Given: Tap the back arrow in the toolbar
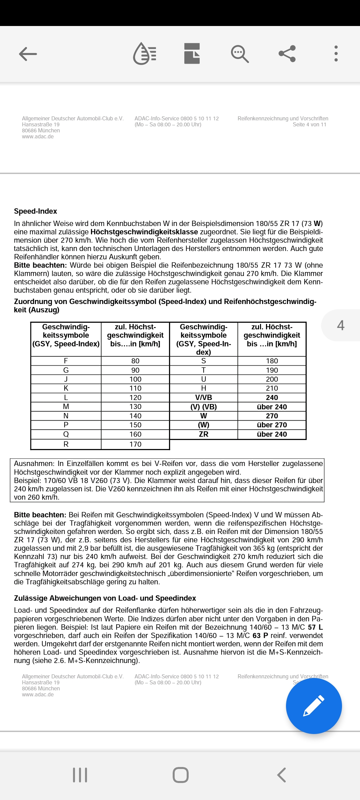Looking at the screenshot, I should pyautogui.click(x=28, y=54).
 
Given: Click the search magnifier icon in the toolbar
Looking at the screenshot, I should pyautogui.click(x=240, y=54).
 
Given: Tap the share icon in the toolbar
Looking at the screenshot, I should pyautogui.click(x=287, y=54).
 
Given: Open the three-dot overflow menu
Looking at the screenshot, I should pyautogui.click(x=336, y=54).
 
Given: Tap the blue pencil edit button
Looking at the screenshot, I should pyautogui.click(x=314, y=706).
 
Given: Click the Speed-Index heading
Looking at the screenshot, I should pyautogui.click(x=35, y=211).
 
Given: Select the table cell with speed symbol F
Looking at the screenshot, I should pyautogui.click(x=66, y=361).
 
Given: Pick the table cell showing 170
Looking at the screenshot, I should pyautogui.click(x=135, y=444).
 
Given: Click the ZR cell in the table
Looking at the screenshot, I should pyautogui.click(x=204, y=434).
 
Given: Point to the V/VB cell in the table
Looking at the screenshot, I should pyautogui.click(x=204, y=398).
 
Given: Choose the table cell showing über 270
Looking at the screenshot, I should pyautogui.click(x=272, y=425).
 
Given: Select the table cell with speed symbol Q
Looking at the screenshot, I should pyautogui.click(x=66, y=434).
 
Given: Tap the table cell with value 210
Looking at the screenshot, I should pyautogui.click(x=272, y=388).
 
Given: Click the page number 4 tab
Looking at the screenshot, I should pyautogui.click(x=341, y=325).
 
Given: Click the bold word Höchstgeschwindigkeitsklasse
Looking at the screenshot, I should pyautogui.click(x=144, y=232).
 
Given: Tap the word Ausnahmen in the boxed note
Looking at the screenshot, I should pyautogui.click(x=34, y=464).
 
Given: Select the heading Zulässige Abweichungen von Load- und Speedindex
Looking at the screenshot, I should pyautogui.click(x=105, y=598).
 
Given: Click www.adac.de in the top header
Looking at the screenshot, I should pyautogui.click(x=38, y=137).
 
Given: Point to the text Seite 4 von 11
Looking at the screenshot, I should pyautogui.click(x=309, y=125).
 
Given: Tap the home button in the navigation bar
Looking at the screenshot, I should pyautogui.click(x=180, y=775).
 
